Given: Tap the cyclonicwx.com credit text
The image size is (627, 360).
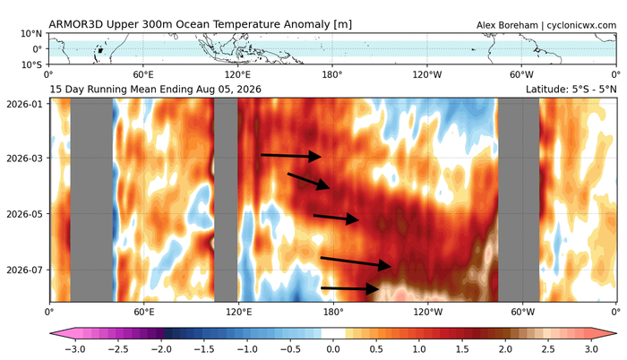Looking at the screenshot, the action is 581,26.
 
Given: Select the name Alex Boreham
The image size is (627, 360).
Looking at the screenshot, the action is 507,26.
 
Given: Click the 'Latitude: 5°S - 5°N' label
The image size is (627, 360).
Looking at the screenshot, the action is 571,90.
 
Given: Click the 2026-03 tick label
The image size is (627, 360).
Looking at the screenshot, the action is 24,159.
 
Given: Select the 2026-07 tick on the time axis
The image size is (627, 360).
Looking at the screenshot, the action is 24,270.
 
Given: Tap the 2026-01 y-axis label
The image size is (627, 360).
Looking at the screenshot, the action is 24,104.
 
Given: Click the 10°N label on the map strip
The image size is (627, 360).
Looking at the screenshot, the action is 31,34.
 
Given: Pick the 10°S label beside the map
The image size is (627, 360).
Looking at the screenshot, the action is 32,64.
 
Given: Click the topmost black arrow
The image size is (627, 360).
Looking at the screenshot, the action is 291,156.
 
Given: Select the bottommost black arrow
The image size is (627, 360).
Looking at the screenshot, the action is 350,288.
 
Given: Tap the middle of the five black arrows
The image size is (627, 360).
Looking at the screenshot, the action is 336,218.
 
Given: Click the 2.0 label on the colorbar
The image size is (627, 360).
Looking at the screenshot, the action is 505,349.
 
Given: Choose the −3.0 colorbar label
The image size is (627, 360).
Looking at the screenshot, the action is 74,349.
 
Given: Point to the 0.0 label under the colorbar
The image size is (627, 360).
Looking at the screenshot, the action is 333,349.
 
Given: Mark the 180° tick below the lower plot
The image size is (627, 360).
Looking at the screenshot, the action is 333,312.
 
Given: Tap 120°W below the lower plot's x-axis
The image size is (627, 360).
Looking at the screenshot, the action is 428,312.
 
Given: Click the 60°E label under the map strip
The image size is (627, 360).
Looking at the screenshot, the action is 143,74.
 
